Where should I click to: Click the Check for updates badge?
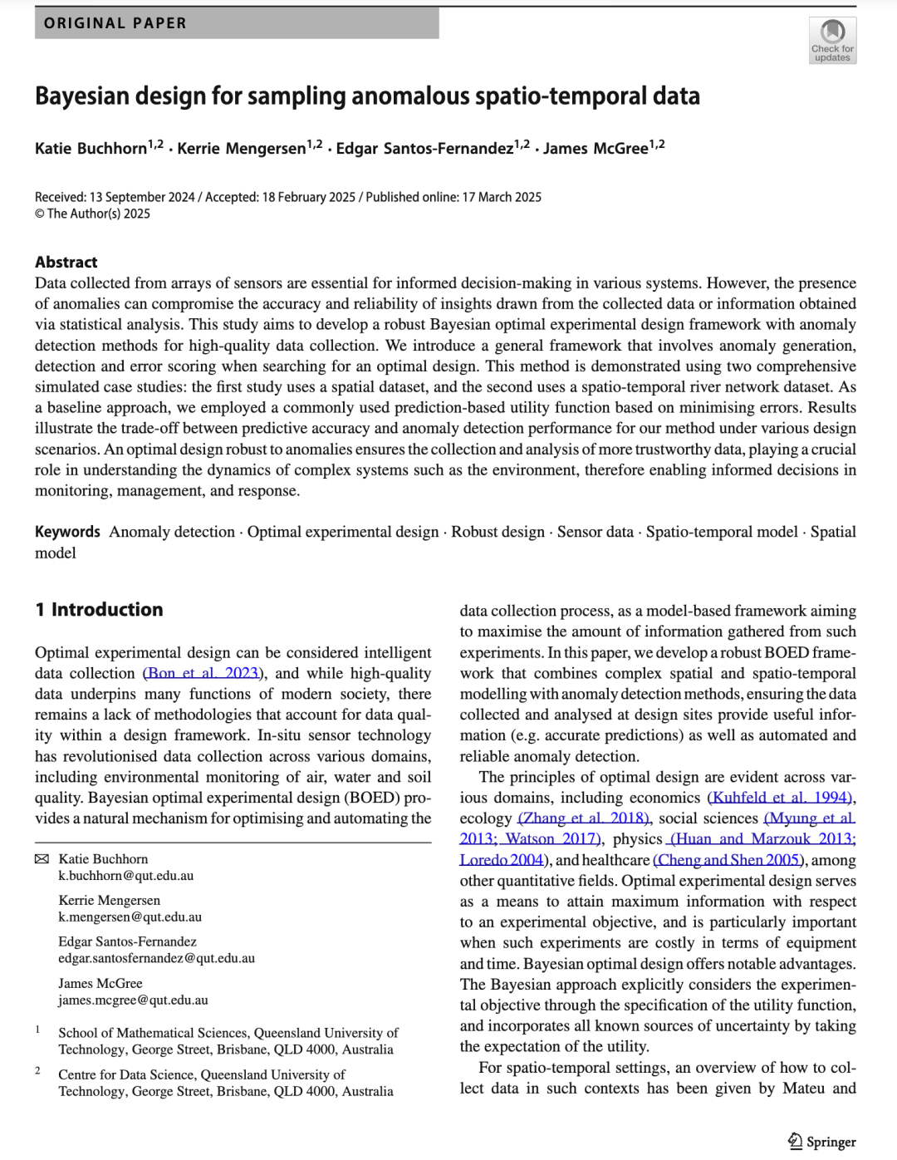pyautogui.click(x=832, y=40)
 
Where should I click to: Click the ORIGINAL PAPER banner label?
pyautogui.click(x=115, y=23)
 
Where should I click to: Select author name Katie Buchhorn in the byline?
pyautogui.click(x=91, y=149)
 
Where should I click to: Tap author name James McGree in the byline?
pyautogui.click(x=596, y=149)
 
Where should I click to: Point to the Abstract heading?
pyautogui.click(x=66, y=263)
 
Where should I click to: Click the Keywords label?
pyautogui.click(x=67, y=532)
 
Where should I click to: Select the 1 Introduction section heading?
pyautogui.click(x=99, y=610)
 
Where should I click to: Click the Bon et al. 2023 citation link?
pyautogui.click(x=203, y=673)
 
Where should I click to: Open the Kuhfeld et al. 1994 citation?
pyautogui.click(x=780, y=798)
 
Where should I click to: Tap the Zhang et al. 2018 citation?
pyautogui.click(x=585, y=818)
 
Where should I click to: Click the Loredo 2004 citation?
pyautogui.click(x=502, y=860)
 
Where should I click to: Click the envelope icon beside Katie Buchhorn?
pyautogui.click(x=42, y=859)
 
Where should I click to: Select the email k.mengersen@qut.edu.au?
pyautogui.click(x=130, y=917)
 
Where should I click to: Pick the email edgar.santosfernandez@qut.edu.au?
pyautogui.click(x=156, y=959)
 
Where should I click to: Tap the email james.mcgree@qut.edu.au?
pyautogui.click(x=133, y=1000)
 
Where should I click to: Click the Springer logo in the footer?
pyautogui.click(x=821, y=1142)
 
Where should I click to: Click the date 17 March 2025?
pyautogui.click(x=502, y=198)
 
